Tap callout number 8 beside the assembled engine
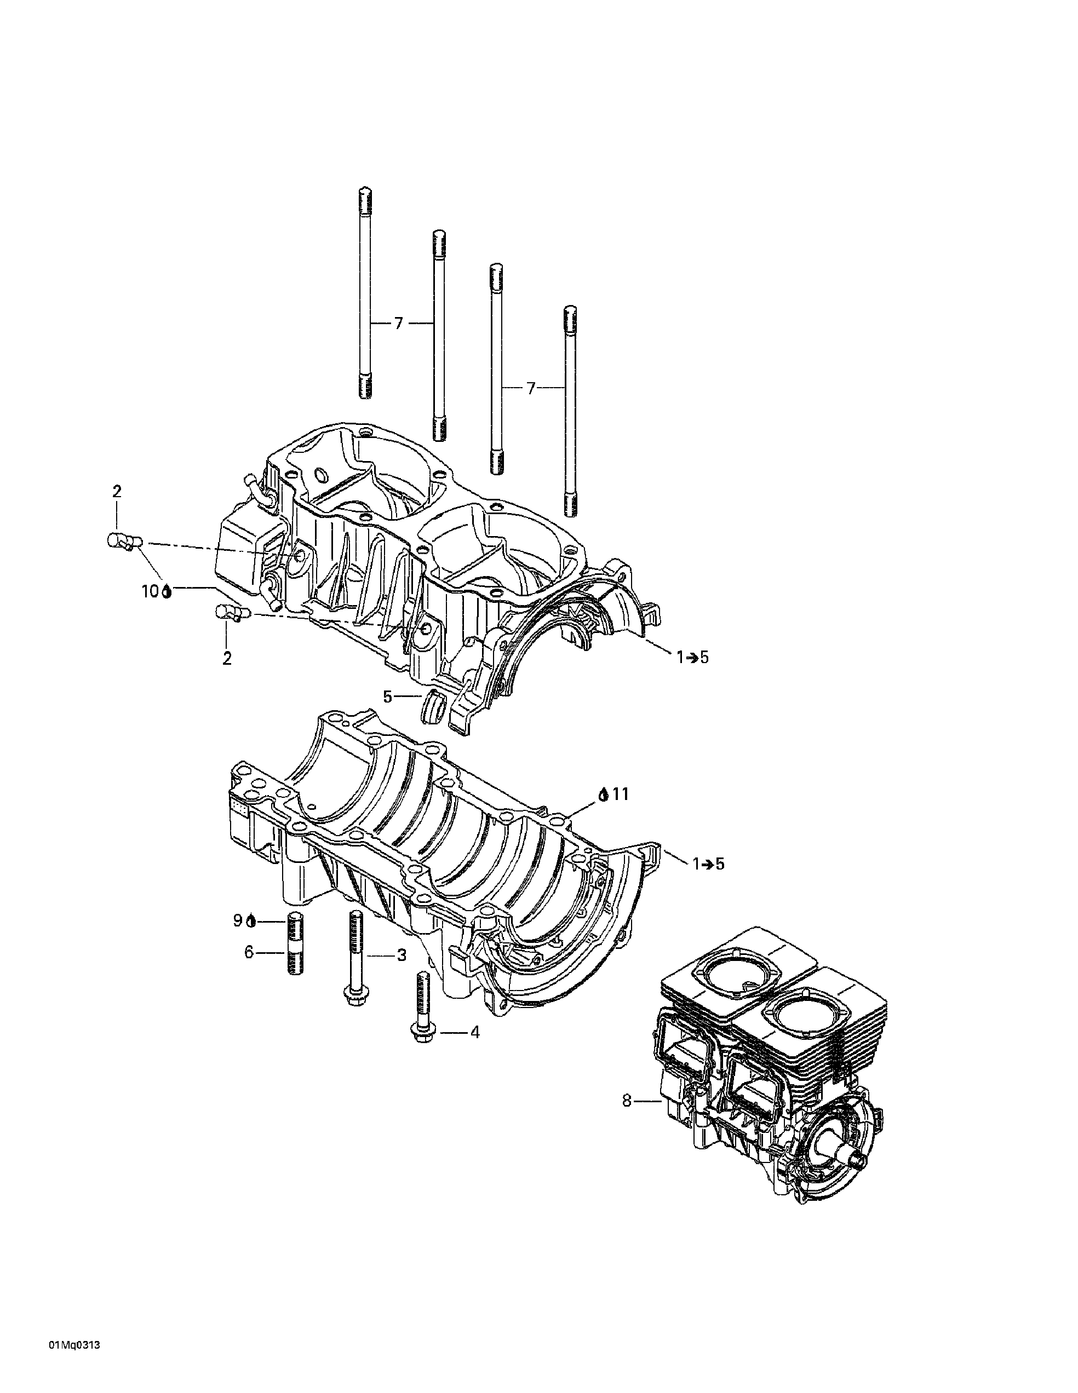coord(627,1101)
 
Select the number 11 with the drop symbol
coord(620,794)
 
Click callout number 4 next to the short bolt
coord(474,1032)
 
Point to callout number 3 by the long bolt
coord(401,972)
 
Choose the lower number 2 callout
coord(227,658)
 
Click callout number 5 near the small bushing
coord(387,696)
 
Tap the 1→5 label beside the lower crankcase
coord(708,864)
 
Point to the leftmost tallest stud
coord(365,293)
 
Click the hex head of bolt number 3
coord(353,1013)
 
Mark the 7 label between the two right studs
coord(531,388)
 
